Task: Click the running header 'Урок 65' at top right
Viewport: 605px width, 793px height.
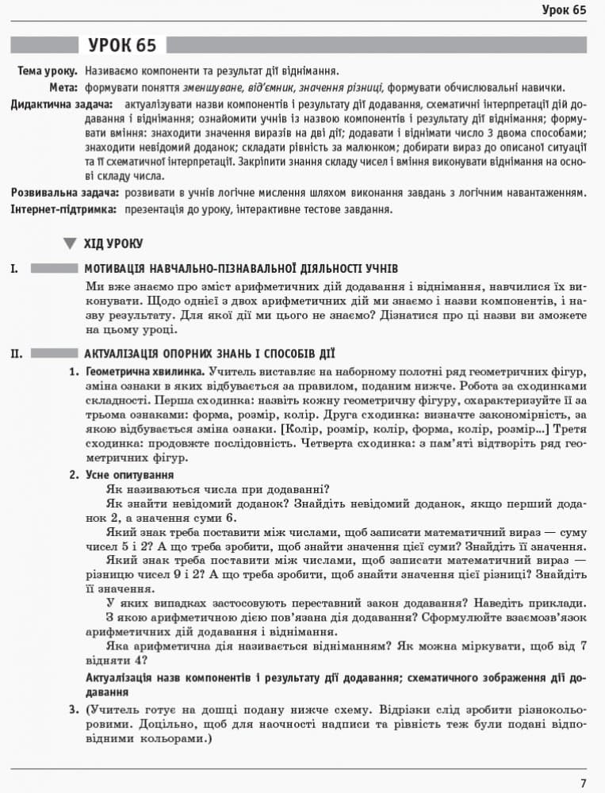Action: pyautogui.click(x=564, y=10)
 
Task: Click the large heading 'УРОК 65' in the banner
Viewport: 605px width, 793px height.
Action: pyautogui.click(x=122, y=45)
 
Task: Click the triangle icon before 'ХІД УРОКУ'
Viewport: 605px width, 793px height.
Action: pyautogui.click(x=71, y=243)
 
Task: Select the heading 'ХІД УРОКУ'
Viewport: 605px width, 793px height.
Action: pyautogui.click(x=113, y=243)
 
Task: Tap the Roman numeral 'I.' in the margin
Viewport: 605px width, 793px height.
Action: pyautogui.click(x=13, y=269)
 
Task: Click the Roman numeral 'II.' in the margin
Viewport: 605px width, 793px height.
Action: pyautogui.click(x=16, y=354)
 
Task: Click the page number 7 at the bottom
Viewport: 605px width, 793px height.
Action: pyautogui.click(x=583, y=783)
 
